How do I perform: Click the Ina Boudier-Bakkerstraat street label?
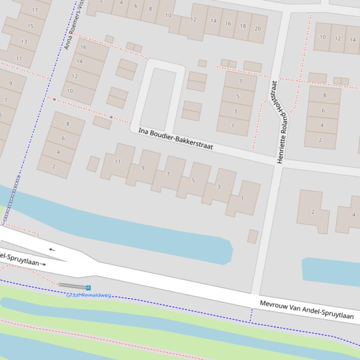coord(176,139)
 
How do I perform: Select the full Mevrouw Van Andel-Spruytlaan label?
coord(307,310)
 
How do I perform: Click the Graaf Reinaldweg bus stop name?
coord(88,295)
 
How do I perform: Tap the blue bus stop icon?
coord(88,288)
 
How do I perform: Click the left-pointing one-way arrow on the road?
coord(51,250)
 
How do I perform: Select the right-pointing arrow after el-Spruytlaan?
coord(43,264)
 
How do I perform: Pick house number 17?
coord(35,10)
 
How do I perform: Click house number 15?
coord(30,26)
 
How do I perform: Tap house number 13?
coord(24,42)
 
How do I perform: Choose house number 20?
coord(257,29)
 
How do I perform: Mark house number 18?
coord(242,26)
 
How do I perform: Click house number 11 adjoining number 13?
coord(19,58)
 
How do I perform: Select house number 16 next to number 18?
coord(228,23)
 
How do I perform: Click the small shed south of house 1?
coord(253,236)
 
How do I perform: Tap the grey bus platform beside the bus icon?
coord(72,286)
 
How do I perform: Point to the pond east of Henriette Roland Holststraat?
coord(330,271)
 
